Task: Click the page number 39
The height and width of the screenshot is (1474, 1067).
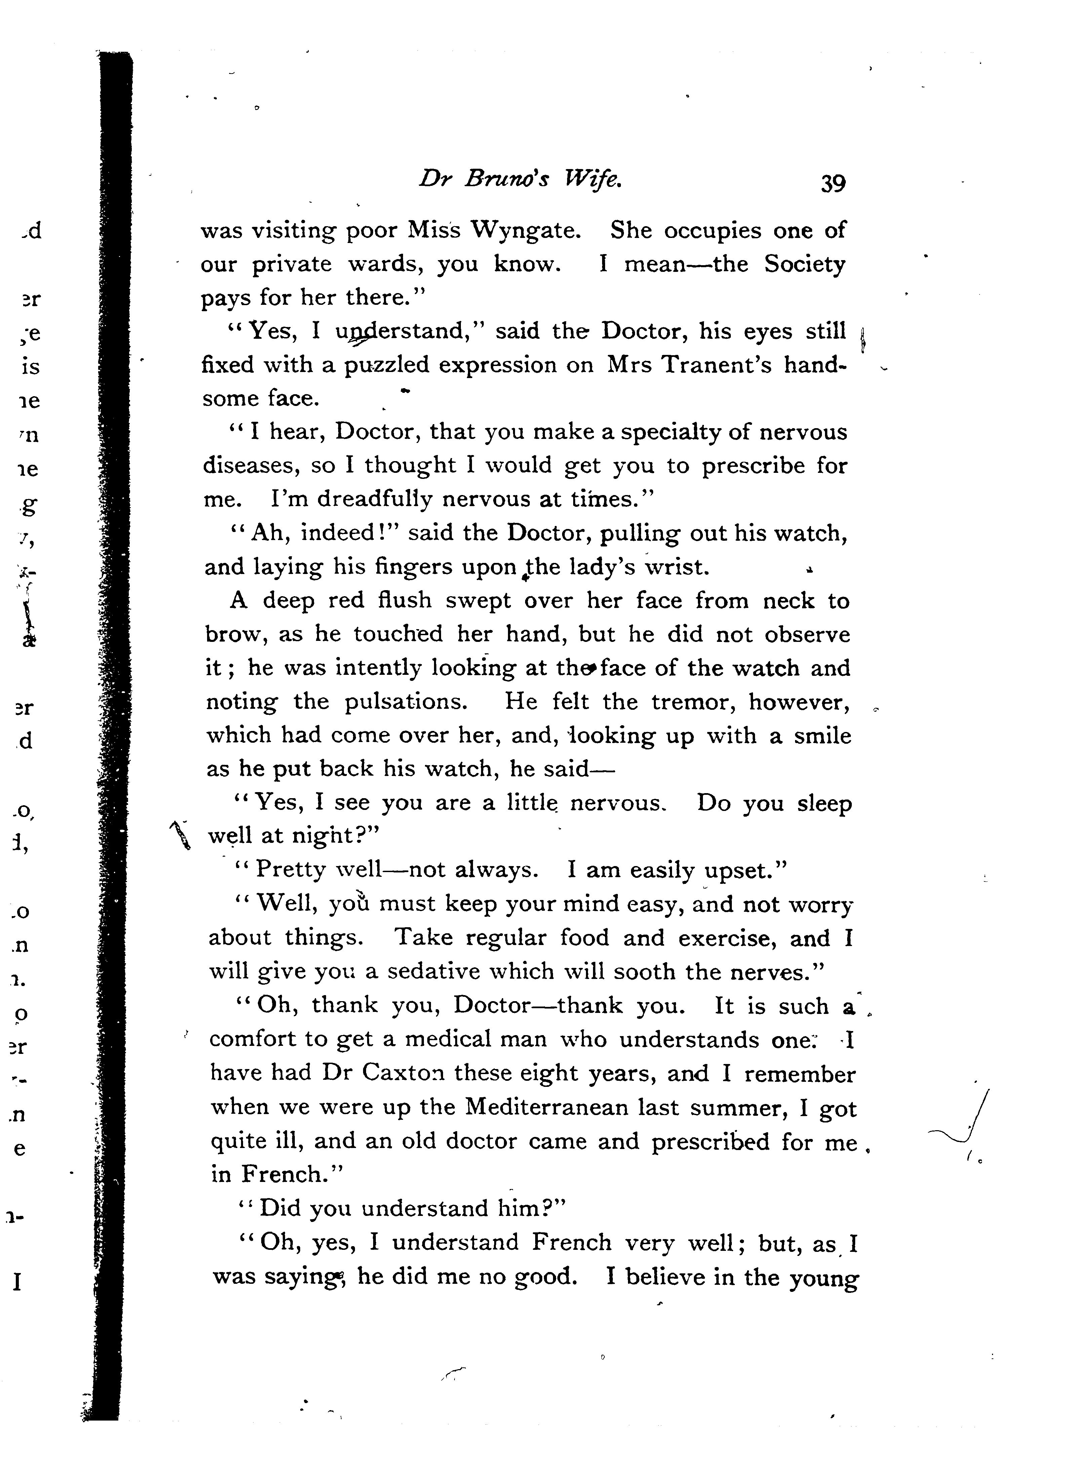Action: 833,183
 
